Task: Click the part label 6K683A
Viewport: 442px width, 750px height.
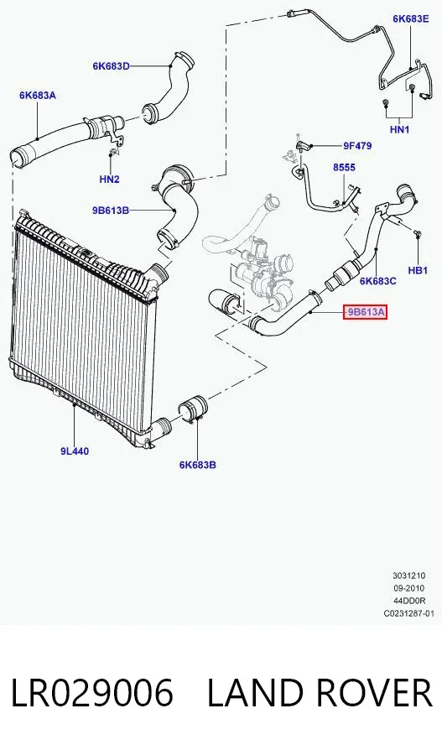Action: click(37, 96)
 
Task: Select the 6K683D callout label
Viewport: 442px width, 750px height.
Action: click(111, 66)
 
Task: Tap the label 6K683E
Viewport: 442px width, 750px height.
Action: click(411, 18)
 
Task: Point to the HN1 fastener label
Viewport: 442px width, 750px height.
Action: click(400, 129)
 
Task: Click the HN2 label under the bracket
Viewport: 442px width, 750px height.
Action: click(109, 180)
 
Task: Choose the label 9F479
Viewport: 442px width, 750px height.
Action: click(356, 146)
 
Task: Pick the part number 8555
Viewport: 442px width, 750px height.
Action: click(344, 168)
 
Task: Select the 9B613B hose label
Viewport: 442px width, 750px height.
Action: click(111, 210)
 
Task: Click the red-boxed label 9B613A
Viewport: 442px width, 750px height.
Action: click(365, 313)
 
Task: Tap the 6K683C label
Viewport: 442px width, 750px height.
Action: click(378, 281)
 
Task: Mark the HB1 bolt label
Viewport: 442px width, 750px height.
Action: click(418, 271)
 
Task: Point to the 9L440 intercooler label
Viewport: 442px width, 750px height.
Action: click(75, 451)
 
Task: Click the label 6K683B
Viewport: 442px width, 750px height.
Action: click(198, 465)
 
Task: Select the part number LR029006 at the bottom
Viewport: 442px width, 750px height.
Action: click(91, 693)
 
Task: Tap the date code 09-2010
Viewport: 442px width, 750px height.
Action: click(408, 588)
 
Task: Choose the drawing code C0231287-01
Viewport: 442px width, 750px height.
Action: click(409, 613)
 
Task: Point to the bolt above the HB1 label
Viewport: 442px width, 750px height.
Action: click(418, 233)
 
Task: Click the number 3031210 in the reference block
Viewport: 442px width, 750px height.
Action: click(409, 576)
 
